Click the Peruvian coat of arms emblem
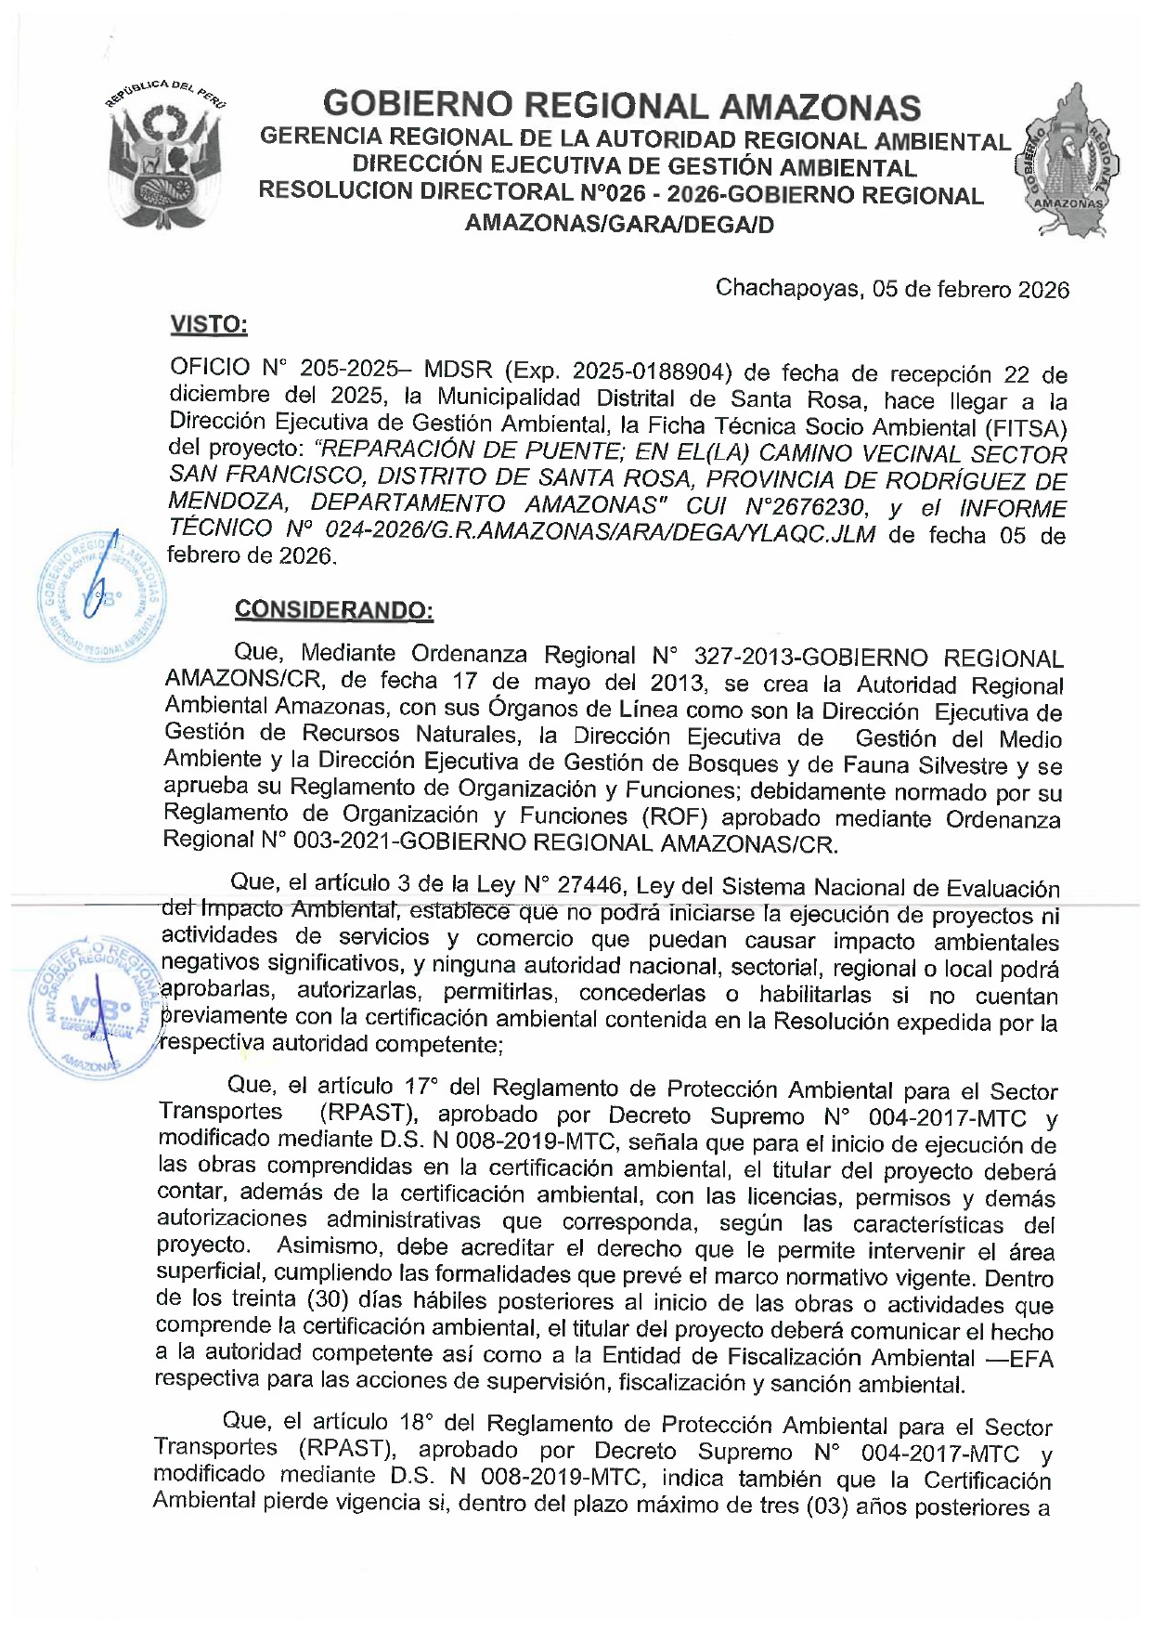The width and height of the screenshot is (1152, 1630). pos(165,158)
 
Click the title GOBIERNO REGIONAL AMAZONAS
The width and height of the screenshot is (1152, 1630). pos(621,106)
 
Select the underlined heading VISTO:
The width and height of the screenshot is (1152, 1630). pos(209,325)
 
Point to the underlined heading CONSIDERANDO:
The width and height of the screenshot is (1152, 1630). pos(333,610)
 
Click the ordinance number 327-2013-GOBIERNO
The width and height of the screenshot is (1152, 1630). pos(810,658)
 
